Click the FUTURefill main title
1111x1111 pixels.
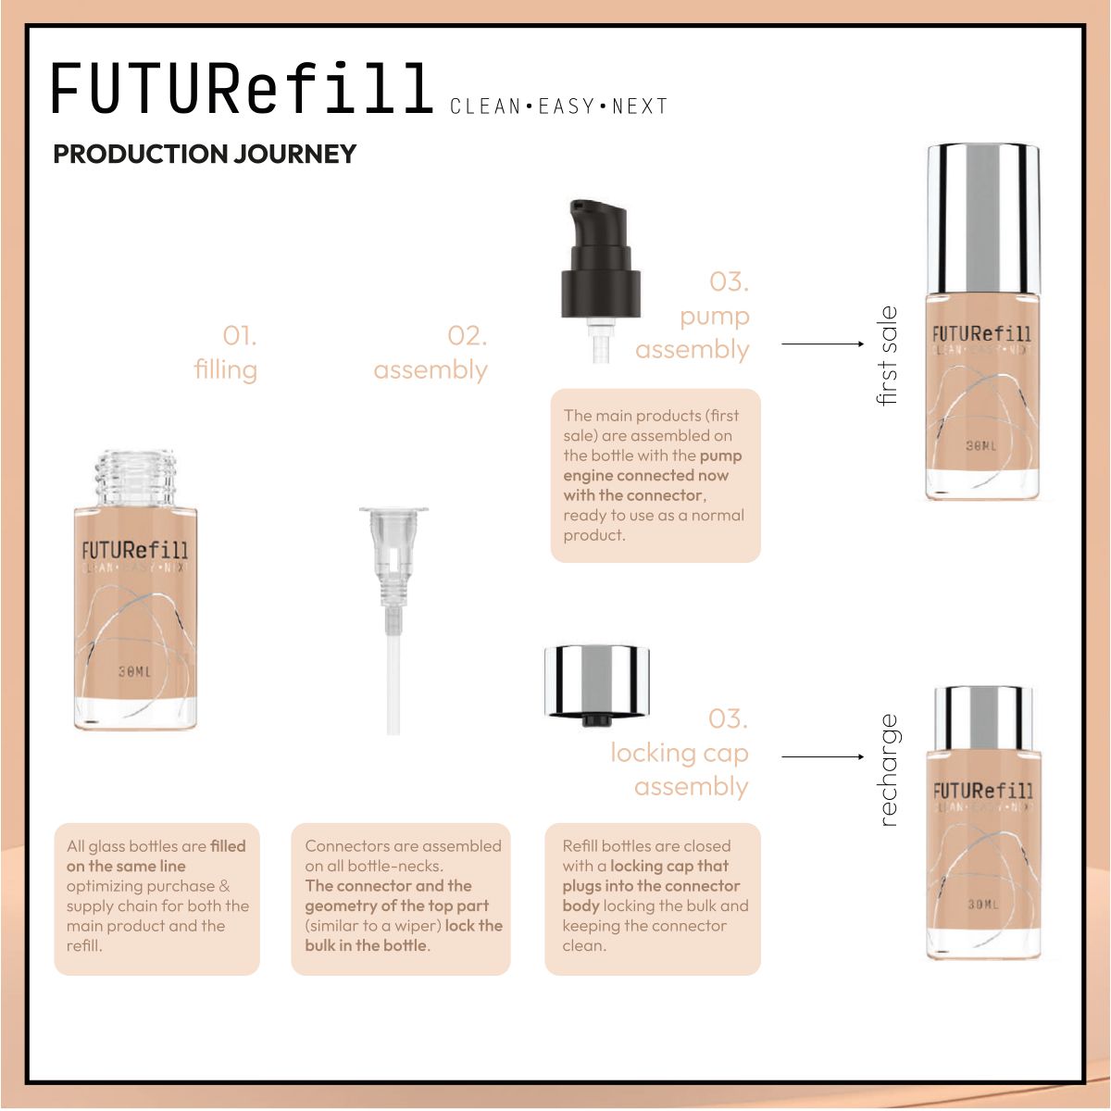243,89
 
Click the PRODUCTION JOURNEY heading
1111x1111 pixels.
205,154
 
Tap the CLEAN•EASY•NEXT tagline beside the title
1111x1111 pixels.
558,106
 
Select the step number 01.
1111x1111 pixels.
240,335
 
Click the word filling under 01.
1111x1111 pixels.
225,369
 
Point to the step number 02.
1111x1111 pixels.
467,335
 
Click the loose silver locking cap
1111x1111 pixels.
596,683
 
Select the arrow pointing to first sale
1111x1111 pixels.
822,343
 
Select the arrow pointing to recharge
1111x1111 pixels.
822,756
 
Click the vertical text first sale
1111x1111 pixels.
887,356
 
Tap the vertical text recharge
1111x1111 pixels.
887,769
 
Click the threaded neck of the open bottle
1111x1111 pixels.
135,478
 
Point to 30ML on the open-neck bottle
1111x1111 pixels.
134,671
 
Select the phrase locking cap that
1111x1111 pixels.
669,866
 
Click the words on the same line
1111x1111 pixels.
126,866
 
